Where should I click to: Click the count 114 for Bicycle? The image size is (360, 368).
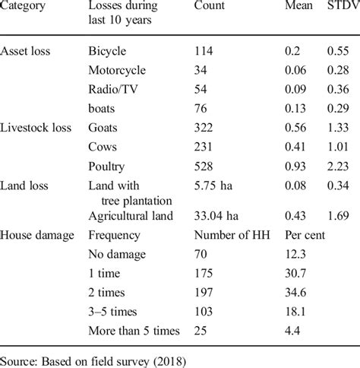click(x=204, y=51)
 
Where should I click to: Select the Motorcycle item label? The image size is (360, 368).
click(x=118, y=69)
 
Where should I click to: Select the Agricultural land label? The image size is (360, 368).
click(x=131, y=216)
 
